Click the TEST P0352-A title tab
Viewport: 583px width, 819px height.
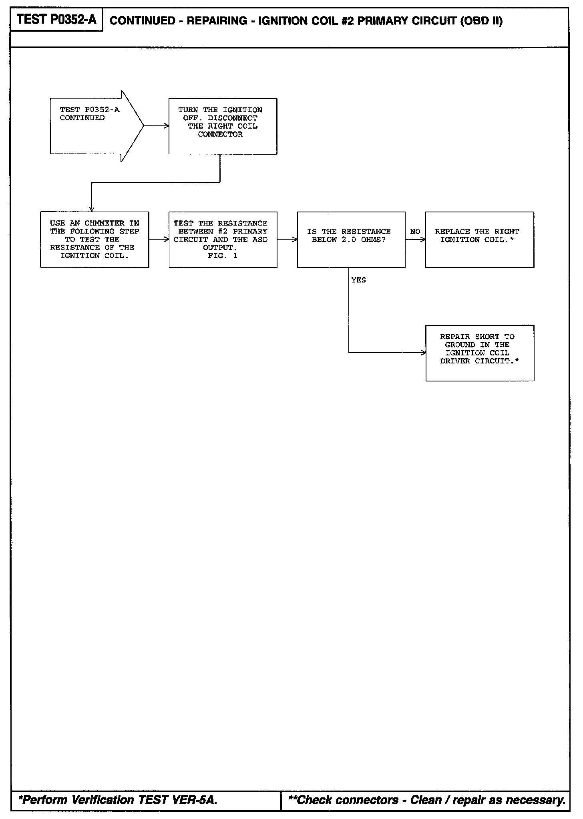pyautogui.click(x=56, y=20)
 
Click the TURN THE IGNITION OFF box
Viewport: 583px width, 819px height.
pyautogui.click(x=223, y=126)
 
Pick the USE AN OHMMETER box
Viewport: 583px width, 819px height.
pyautogui.click(x=94, y=239)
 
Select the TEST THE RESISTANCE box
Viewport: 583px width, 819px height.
pyautogui.click(x=223, y=239)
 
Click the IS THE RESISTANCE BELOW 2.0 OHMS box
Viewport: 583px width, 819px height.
pyautogui.click(x=351, y=239)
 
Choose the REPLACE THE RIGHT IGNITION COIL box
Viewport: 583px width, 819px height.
pyautogui.click(x=479, y=239)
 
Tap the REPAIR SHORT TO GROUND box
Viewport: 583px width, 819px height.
pyautogui.click(x=479, y=353)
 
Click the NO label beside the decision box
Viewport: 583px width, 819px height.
pyautogui.click(x=415, y=232)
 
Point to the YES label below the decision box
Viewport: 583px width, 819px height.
pyautogui.click(x=358, y=280)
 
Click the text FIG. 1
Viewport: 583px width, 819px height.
pyautogui.click(x=223, y=256)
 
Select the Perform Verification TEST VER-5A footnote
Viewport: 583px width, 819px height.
pyautogui.click(x=118, y=800)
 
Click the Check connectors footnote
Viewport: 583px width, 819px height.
pyautogui.click(x=426, y=800)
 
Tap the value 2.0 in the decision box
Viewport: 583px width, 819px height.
pyautogui.click(x=349, y=240)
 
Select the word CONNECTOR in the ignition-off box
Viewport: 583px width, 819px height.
pyautogui.click(x=220, y=134)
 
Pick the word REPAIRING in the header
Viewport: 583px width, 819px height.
pyautogui.click(x=217, y=21)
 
